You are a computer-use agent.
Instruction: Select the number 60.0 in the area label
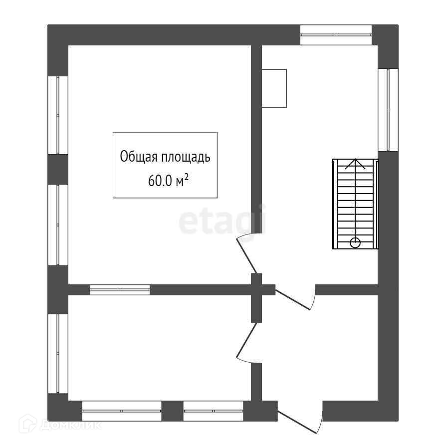click(x=159, y=181)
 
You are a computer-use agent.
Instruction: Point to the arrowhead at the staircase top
click(x=355, y=163)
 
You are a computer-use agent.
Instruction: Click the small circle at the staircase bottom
click(x=355, y=243)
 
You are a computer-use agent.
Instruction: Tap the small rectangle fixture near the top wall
click(x=274, y=88)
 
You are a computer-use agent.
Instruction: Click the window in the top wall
click(x=336, y=35)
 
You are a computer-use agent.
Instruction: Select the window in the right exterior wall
click(x=388, y=110)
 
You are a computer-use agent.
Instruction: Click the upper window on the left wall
click(x=58, y=115)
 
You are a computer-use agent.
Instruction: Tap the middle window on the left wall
click(x=58, y=225)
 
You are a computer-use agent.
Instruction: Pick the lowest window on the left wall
click(x=58, y=354)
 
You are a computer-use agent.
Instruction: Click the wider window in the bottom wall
click(x=122, y=411)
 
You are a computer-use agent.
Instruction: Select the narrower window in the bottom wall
click(x=213, y=411)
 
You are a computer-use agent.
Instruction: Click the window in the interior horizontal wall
click(x=120, y=289)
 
